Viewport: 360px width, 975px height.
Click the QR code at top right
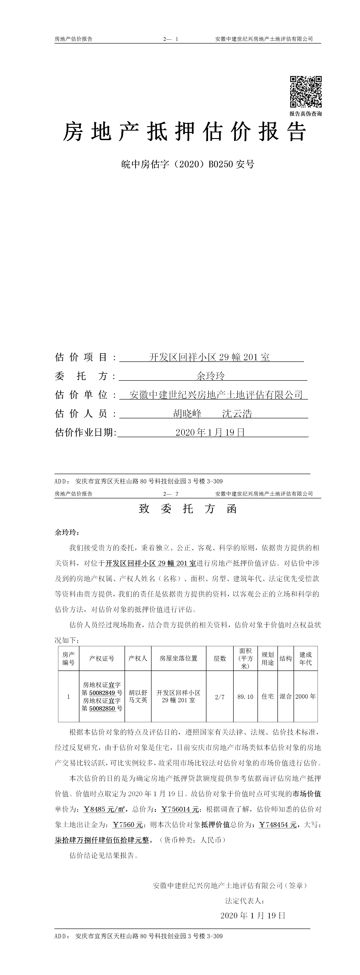(x=306, y=92)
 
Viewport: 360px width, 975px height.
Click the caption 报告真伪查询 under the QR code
(x=306, y=114)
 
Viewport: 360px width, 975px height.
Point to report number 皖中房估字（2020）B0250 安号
(x=188, y=164)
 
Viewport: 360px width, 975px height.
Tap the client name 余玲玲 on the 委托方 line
(x=211, y=376)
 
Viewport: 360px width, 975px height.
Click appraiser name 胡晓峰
(x=187, y=414)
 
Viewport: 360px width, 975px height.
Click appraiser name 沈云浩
(x=237, y=414)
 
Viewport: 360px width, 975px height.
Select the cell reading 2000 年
(x=306, y=696)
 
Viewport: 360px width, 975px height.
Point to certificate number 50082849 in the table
(x=102, y=693)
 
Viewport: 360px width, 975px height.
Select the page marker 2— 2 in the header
(x=171, y=494)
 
